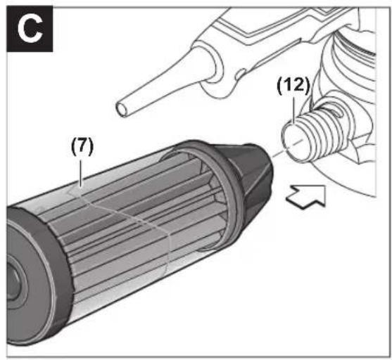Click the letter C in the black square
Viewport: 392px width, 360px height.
point(30,30)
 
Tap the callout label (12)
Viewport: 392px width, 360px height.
point(293,86)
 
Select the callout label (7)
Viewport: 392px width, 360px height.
point(82,147)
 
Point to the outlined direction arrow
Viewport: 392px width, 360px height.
point(307,197)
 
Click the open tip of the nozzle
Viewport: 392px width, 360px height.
point(122,109)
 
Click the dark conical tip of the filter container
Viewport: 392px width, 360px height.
point(253,175)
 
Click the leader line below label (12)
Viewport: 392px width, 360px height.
point(294,110)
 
